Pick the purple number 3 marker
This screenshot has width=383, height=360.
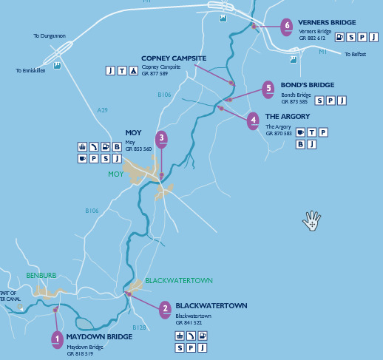(x=161, y=138)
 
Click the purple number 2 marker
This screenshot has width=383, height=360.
(x=165, y=309)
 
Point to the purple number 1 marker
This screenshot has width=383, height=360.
(x=57, y=339)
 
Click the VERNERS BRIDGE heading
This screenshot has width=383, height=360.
(x=328, y=23)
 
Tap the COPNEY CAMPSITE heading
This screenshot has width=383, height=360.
(x=173, y=58)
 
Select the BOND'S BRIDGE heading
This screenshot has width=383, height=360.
(x=308, y=86)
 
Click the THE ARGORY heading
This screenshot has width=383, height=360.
(x=288, y=117)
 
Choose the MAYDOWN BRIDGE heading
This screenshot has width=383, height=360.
(x=99, y=337)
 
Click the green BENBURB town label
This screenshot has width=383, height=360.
(x=41, y=276)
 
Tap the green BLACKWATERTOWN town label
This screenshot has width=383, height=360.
(x=179, y=280)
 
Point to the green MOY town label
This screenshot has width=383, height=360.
(x=116, y=174)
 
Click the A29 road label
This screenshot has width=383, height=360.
(x=102, y=110)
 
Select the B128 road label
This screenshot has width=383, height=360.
(x=139, y=327)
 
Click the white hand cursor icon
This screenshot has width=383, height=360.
(x=313, y=220)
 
